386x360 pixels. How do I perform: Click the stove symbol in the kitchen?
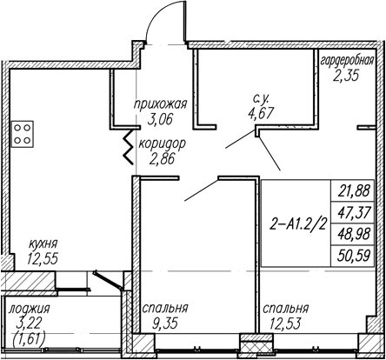(23, 134)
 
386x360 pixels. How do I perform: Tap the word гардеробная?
(348, 62)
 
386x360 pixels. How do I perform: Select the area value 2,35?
(346, 75)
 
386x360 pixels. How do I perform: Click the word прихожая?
(160, 104)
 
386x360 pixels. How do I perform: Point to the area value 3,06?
(160, 118)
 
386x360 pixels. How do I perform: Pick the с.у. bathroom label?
(261, 99)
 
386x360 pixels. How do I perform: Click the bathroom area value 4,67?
(261, 113)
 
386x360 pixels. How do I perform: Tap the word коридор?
(162, 144)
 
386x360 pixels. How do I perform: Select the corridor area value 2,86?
(163, 158)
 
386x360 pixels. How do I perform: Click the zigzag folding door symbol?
(129, 146)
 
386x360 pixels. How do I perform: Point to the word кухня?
(43, 244)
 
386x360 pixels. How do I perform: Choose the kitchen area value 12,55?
(43, 258)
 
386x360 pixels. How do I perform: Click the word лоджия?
(30, 310)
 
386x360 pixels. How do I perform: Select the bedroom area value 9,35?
(165, 323)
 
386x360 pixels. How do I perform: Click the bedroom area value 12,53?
(285, 323)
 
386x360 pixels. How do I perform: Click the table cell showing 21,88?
(353, 190)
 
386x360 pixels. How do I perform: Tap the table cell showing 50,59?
(353, 256)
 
